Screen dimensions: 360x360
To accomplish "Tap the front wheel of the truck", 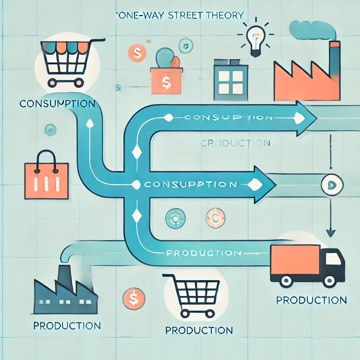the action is [329, 281].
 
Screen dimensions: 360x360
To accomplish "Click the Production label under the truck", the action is [311, 300].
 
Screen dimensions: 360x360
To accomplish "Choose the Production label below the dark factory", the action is [67, 326].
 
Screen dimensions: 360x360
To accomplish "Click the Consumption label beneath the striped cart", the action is [57, 104].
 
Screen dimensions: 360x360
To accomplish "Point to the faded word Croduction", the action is [235, 143].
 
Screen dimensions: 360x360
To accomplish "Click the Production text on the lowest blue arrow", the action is [204, 253].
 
